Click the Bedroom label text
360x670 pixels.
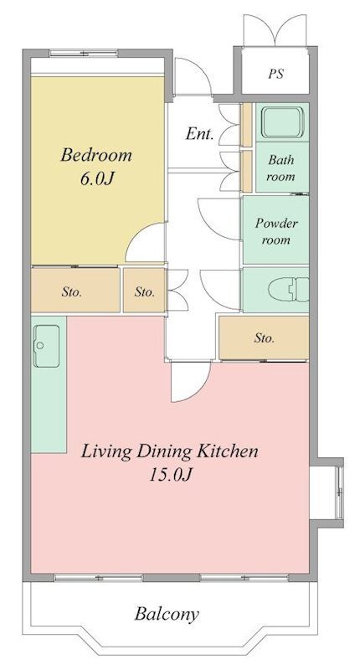tap(96, 155)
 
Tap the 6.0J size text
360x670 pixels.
tap(96, 179)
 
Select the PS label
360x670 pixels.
tap(276, 74)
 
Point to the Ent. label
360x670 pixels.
tap(199, 134)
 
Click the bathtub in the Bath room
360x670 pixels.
tap(282, 121)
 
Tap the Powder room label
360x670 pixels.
tap(276, 231)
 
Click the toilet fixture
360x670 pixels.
tap(298, 289)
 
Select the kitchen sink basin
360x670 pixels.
tap(47, 346)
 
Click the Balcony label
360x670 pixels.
tap(167, 614)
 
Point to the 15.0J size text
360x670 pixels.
tap(170, 475)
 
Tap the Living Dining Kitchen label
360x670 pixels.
tap(170, 451)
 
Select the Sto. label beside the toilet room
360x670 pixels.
tap(265, 338)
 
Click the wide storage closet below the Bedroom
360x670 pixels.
tap(75, 290)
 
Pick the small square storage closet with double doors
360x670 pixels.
tap(144, 290)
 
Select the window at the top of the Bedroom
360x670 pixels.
tap(83, 54)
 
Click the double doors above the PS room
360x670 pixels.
tap(275, 30)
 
